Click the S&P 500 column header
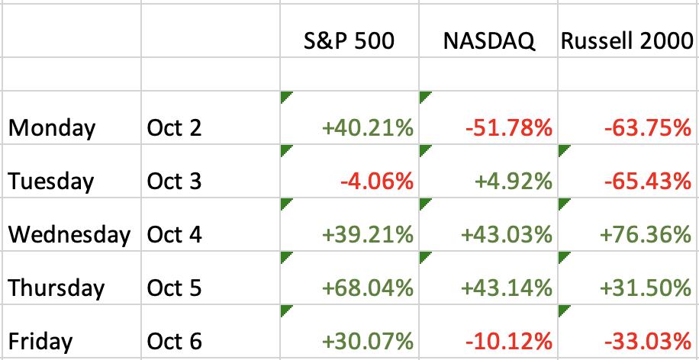coord(349,41)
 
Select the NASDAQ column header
coord(489,41)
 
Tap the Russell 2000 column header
coord(627,41)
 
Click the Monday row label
coord(52,129)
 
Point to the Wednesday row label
coord(69,235)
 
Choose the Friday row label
coord(40,342)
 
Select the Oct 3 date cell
coord(174,182)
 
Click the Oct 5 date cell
coord(174,288)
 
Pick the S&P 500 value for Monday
coord(368,129)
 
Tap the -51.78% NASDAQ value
coord(509,129)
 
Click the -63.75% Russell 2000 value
coord(648,129)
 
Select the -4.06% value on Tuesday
coord(377,182)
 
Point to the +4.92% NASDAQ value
coord(513,182)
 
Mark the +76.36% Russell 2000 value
coord(646,235)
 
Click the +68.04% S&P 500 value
coord(368,288)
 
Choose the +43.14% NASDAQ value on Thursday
coord(507,288)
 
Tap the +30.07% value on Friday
coord(368,342)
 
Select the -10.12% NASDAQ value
coord(509,342)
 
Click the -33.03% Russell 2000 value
coord(648,342)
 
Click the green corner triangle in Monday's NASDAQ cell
coord(424,96)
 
